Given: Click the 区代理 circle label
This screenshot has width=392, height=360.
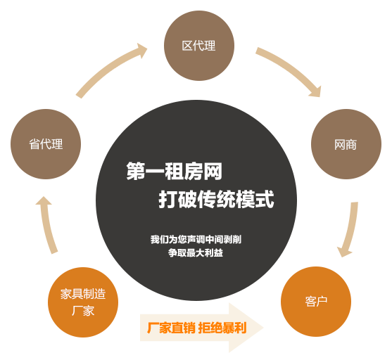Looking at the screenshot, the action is tap(198, 46).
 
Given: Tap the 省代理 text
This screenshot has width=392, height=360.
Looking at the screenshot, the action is tap(46, 144).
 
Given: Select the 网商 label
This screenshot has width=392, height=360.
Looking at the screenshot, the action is tap(346, 145).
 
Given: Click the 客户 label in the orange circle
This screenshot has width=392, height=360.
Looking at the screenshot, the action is tap(316, 302).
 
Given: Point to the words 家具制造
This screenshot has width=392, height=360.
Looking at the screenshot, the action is tap(83, 294).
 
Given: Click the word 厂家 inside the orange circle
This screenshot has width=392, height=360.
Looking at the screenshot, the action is tap(83, 311).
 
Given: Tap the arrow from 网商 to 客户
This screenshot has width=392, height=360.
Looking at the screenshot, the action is tap(350, 230).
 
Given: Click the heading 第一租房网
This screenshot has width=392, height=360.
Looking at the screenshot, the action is tap(175, 171).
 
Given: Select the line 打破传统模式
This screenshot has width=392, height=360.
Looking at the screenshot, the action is tap(217, 199).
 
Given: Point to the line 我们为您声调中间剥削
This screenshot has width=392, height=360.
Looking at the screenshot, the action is tap(196, 239).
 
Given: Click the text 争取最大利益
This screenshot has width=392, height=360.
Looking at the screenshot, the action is tap(196, 253).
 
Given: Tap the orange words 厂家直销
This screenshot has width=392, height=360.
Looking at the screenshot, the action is tap(171, 328).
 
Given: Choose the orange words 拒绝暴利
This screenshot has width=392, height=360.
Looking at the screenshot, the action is tap(222, 328).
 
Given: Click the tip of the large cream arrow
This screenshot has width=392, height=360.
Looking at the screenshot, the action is tap(263, 328).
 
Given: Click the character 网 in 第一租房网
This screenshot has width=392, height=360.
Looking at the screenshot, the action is tap(213, 171).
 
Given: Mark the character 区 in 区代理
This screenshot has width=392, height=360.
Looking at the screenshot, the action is tap(187, 46).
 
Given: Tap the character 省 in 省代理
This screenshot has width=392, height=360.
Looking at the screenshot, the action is tap(34, 144).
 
